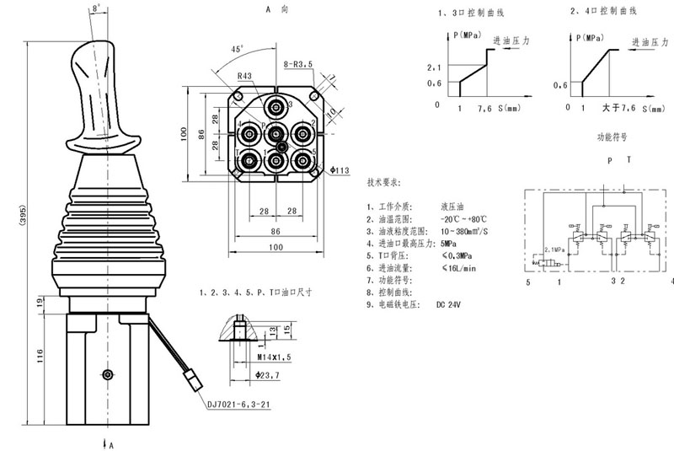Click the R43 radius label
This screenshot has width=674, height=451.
point(245,77)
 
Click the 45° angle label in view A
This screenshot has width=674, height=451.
point(238,49)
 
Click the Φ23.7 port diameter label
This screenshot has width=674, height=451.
point(271,376)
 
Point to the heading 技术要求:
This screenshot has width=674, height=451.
point(384,181)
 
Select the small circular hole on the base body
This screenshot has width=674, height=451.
point(104,374)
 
